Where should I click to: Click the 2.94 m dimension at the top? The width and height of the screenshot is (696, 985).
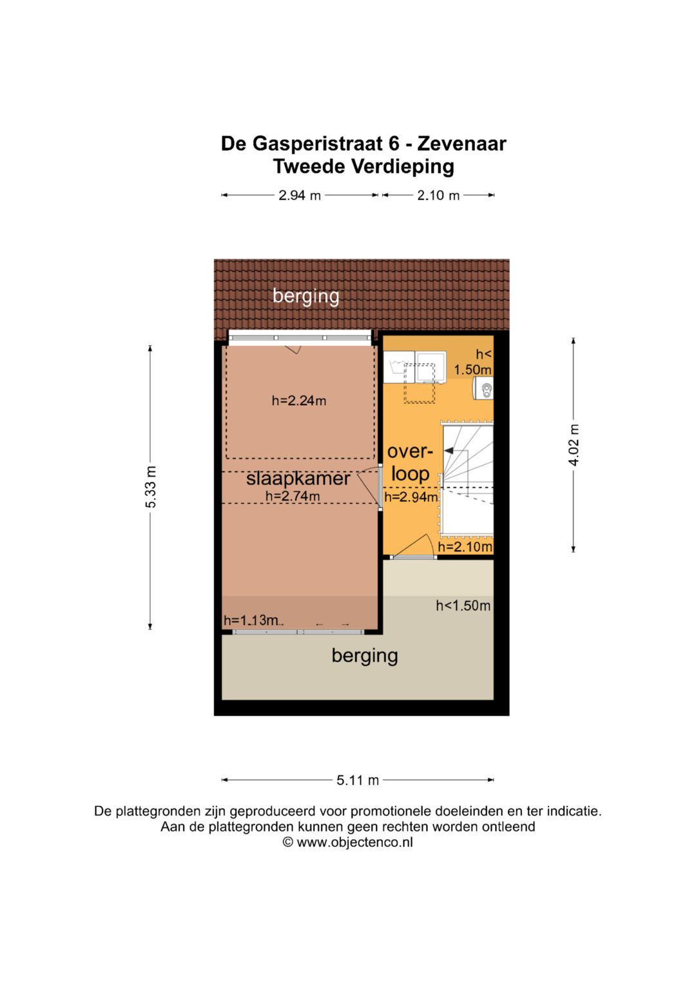tap(300, 195)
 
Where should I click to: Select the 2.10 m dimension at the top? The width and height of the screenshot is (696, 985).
tap(438, 195)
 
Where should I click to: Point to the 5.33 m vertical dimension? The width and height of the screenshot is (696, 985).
tap(151, 486)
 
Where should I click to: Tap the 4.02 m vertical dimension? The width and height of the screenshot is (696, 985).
tap(574, 445)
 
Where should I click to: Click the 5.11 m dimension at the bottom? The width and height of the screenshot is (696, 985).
tap(358, 781)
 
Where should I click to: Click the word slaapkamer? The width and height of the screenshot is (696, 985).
tap(298, 479)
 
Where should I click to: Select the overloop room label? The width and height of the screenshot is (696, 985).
tap(410, 463)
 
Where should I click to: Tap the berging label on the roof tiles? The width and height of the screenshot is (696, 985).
tap(306, 296)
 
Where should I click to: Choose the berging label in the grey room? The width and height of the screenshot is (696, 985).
tap(365, 655)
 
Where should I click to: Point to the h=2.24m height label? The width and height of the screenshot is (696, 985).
tap(299, 401)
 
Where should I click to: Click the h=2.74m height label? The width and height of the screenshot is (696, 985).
tap(293, 496)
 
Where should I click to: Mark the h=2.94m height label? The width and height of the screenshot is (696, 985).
tap(411, 497)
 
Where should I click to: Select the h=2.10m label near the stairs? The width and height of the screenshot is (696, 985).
tap(465, 547)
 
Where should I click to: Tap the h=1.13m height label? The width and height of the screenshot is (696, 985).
tap(251, 621)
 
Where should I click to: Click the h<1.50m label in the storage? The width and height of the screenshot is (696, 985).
tap(463, 606)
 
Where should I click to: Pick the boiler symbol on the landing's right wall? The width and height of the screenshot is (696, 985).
tap(486, 389)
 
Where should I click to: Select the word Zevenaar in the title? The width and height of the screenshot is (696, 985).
tap(462, 143)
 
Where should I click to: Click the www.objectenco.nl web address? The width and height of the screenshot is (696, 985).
tap(354, 842)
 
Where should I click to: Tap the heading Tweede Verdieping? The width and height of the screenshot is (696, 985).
tap(363, 166)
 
